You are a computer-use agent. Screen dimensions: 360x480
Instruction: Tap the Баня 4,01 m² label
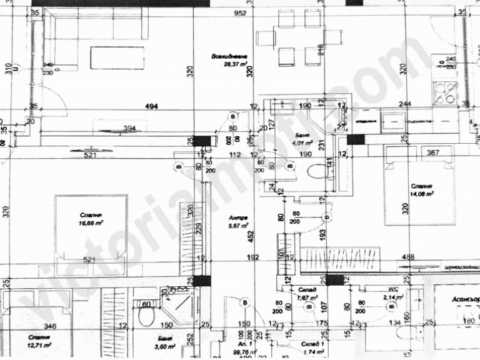pyautogui.click(x=304, y=137)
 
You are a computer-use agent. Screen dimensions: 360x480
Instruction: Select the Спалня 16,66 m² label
pyautogui.click(x=91, y=218)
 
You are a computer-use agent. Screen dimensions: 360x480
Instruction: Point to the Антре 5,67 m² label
pyautogui.click(x=239, y=222)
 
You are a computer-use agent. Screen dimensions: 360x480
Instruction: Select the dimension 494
pyautogui.click(x=149, y=107)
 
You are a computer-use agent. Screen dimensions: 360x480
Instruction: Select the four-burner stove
pyautogui.click(x=447, y=93)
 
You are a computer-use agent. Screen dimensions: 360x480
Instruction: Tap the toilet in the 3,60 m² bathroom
pyautogui.click(x=146, y=317)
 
